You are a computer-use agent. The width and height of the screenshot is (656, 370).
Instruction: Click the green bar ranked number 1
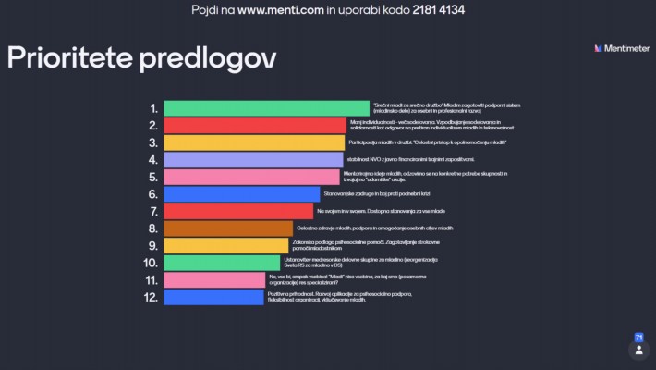[x=266, y=108]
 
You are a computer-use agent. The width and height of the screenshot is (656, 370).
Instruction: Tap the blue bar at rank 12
[x=213, y=297]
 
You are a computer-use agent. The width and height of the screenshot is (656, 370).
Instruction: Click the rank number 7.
[x=153, y=212]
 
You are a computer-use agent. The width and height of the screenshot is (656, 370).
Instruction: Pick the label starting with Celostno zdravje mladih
[x=374, y=228]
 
